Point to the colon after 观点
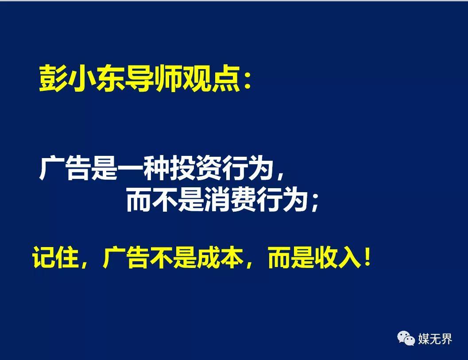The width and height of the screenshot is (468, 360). [248, 81]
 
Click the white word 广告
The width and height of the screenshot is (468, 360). [65, 168]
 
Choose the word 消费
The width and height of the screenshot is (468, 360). [230, 200]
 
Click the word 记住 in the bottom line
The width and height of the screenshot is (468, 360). [56, 257]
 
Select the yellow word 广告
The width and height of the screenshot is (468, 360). [126, 257]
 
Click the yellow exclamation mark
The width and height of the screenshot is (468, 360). [367, 257]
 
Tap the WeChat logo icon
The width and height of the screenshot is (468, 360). [406, 338]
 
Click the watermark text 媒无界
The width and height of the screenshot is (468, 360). [435, 339]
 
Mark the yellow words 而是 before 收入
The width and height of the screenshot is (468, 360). [291, 257]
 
